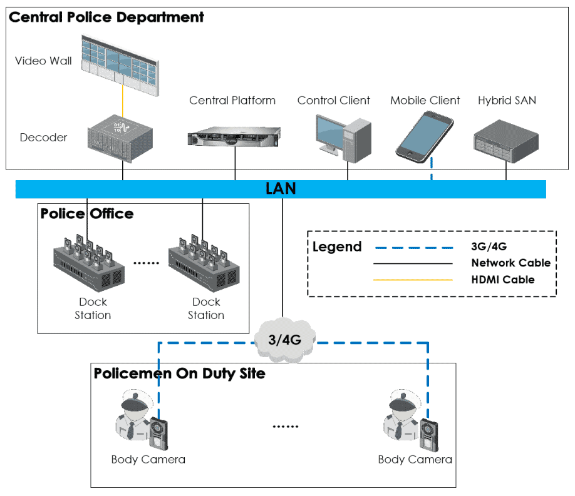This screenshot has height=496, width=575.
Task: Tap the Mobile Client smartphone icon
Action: tap(424, 136)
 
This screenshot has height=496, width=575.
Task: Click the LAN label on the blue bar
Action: tap(281, 188)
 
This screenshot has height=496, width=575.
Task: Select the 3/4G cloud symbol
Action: tap(284, 340)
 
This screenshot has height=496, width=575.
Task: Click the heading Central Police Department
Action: tap(106, 17)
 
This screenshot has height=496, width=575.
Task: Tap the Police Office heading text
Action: tap(87, 214)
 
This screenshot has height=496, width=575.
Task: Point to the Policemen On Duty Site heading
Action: tap(180, 373)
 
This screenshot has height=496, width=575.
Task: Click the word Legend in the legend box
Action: tap(337, 247)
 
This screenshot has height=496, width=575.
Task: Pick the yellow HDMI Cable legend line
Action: tap(413, 280)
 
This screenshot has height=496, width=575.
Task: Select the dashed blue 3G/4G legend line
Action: tap(413, 247)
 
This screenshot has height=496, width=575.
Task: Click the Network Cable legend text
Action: tap(510, 263)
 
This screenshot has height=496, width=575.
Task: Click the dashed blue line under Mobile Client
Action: tap(432, 171)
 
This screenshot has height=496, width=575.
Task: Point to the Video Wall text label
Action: tap(43, 61)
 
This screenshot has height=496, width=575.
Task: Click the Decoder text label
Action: tap(43, 138)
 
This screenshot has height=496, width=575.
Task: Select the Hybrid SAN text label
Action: tap(507, 100)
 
